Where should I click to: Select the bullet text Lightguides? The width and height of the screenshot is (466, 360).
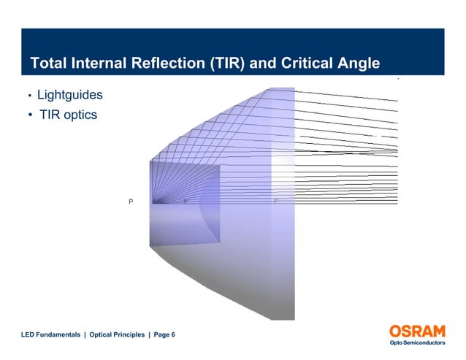click(65, 96)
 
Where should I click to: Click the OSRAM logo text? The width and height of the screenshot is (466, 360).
click(417, 331)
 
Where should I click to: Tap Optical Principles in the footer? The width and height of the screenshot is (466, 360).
click(116, 334)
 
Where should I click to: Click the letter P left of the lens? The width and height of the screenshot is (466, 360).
click(131, 201)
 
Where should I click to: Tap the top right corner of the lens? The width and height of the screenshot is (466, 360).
click(294, 88)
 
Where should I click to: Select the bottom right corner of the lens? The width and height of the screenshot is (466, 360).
click(294, 319)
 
